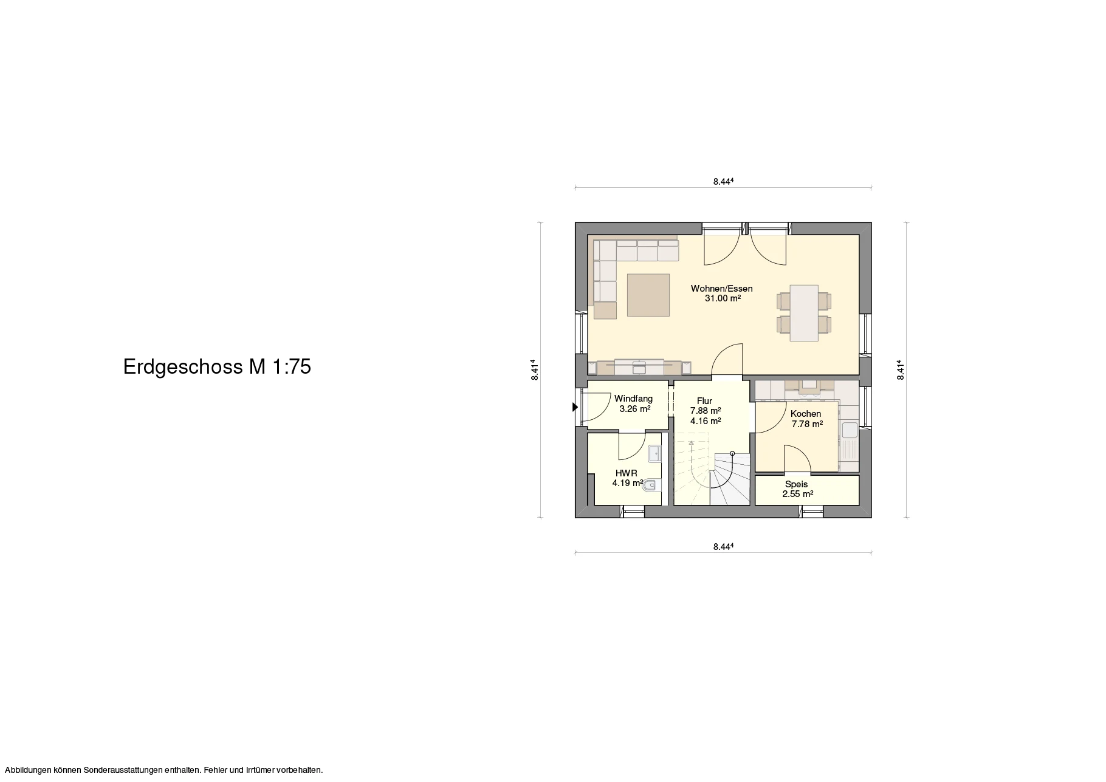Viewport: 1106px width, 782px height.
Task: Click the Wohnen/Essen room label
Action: (722, 289)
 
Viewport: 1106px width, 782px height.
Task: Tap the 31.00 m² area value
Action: (723, 298)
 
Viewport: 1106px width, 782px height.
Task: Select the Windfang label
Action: (633, 399)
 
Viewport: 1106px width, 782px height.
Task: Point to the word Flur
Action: (704, 401)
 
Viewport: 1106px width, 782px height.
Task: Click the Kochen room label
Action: (806, 414)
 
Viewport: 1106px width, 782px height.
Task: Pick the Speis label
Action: (796, 484)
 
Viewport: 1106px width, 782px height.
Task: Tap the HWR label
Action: (626, 473)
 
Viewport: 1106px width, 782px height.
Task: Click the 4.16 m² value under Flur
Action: (706, 420)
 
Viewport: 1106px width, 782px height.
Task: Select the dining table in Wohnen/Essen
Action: (804, 313)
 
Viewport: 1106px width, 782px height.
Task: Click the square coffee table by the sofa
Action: (649, 295)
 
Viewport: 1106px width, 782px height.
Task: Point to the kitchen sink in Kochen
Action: (849, 430)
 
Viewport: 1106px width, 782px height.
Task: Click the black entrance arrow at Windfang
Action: (575, 408)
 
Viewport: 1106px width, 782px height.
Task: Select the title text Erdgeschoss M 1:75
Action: (217, 367)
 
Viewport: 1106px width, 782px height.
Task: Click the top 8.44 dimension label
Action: (723, 181)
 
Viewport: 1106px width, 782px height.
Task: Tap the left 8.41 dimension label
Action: (534, 370)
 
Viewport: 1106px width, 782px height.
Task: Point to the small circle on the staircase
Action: (732, 453)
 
